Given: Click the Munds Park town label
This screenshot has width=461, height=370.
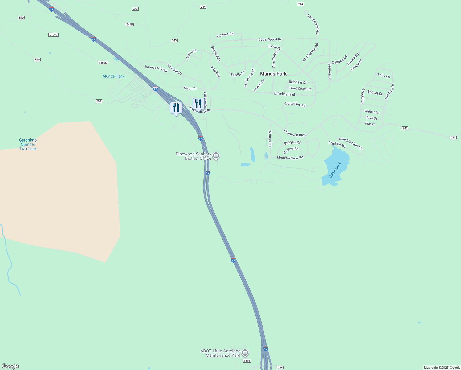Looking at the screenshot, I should pos(273,74).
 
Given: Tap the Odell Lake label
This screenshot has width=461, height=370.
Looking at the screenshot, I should pos(335,170).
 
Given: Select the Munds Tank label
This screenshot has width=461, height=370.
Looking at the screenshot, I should pos(113,76).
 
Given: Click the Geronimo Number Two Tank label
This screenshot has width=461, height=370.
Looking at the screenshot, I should pos(28,144).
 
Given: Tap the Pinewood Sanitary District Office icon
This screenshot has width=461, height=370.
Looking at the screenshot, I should pos(216,156).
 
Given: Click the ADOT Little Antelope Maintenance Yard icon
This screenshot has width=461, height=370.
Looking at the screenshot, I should pos(245,352).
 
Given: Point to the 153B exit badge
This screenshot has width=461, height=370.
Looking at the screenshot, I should pos(247,361).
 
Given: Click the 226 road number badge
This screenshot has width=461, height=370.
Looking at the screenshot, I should pos(280,368).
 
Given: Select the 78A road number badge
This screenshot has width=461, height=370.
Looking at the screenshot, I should pos(135,9).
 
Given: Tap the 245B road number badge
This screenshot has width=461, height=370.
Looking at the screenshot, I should pos(129,24).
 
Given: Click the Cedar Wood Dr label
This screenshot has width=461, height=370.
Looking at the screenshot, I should pos(270,39).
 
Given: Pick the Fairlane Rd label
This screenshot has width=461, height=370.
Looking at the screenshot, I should pos(225,35).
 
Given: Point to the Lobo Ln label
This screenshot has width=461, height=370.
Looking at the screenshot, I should pos(384,75).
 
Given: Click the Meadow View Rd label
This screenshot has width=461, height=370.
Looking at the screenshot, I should pos(290,158).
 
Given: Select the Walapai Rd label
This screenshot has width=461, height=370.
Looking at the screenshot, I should pos(270,139).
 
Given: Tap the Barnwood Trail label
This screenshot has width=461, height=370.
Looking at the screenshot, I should pos(156,69).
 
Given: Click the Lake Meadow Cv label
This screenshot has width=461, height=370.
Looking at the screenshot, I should pos(351,143).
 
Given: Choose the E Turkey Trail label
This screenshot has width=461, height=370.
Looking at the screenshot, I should pos(284,94).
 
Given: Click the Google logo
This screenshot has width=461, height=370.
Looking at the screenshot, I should pos(10,366).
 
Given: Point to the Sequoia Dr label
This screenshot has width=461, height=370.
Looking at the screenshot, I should pos(329,72).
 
